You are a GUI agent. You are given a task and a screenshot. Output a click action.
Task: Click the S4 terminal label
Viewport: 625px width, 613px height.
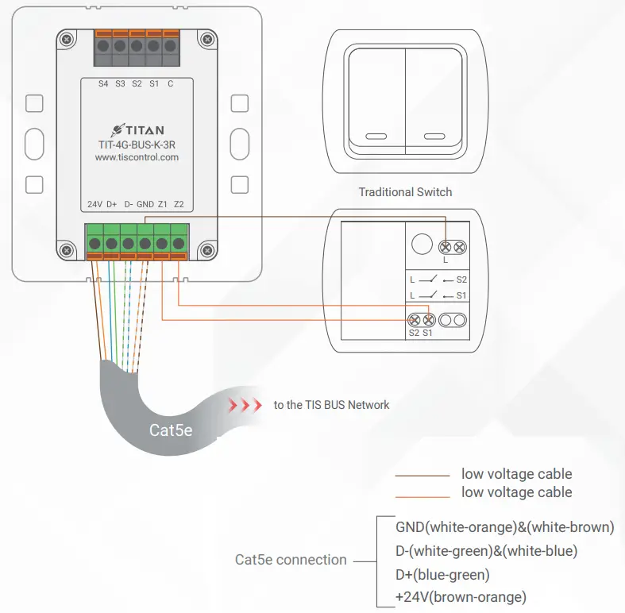point(103,83)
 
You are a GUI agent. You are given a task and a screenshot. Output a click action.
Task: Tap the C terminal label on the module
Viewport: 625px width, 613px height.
point(170,83)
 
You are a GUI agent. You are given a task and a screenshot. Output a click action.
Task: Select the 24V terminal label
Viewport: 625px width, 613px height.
point(95,204)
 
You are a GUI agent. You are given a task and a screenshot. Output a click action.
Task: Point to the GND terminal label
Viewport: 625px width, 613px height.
point(145,204)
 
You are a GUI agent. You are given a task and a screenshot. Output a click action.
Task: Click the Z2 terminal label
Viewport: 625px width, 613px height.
point(179,204)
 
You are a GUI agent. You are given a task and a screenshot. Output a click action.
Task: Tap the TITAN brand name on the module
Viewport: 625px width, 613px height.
point(143,129)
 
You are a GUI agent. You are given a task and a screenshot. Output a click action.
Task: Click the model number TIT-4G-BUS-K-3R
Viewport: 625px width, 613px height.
point(137,144)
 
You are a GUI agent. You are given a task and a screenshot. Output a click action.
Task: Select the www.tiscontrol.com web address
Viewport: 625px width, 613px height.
point(137,157)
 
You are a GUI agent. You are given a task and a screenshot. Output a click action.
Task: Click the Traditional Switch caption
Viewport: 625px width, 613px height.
point(405,192)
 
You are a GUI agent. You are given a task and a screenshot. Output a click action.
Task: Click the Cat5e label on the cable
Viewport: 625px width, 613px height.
point(171,430)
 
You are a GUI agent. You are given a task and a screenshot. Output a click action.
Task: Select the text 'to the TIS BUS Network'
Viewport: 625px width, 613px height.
point(331,405)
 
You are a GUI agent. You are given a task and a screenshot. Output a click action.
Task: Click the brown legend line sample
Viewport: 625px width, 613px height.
point(422,475)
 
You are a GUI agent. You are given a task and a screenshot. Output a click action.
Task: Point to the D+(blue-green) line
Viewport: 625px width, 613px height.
point(442,574)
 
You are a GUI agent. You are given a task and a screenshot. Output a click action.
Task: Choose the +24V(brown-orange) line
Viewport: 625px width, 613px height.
point(461,597)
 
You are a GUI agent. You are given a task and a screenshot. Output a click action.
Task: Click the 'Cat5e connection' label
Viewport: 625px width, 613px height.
point(291,560)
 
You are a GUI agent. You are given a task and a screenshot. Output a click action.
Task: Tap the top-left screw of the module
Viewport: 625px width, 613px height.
point(66,38)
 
